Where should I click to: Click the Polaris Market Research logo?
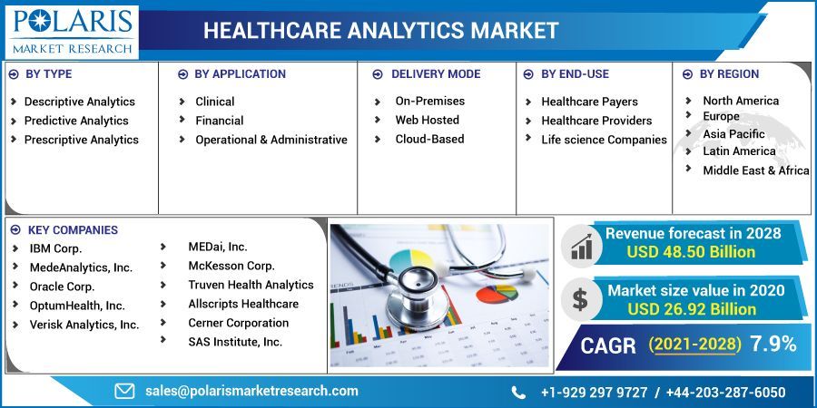(x=71, y=31)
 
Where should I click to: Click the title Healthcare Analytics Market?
(x=380, y=31)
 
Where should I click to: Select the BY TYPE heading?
(x=49, y=74)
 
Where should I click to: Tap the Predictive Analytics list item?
(x=76, y=121)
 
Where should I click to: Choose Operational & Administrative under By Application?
(x=271, y=140)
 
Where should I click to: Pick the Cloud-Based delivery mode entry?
(x=429, y=139)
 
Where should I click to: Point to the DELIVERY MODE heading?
(x=435, y=74)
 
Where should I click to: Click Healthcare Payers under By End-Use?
(x=589, y=102)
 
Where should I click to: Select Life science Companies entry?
(x=604, y=140)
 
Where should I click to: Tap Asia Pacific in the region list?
(x=733, y=134)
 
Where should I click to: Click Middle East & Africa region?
(x=755, y=170)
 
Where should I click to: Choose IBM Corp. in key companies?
(x=55, y=248)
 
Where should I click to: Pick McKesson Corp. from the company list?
(x=231, y=266)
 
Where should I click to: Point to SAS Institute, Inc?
(x=235, y=342)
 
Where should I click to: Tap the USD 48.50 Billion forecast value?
(x=691, y=252)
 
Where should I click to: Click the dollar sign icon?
(x=580, y=299)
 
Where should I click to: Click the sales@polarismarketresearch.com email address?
(x=251, y=391)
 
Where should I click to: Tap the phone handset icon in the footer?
(x=518, y=392)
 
